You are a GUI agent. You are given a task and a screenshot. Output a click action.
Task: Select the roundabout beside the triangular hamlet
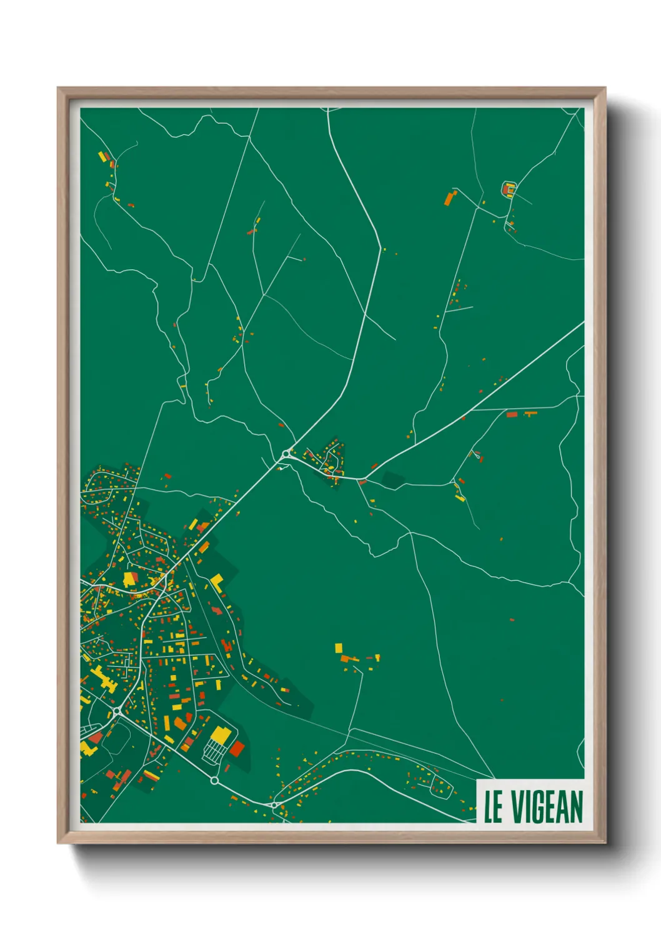286,453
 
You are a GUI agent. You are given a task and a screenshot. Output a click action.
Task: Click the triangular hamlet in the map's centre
329,461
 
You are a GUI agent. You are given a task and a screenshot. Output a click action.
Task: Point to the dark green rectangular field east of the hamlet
394,480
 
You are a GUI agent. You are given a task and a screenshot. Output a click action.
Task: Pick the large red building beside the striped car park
237,748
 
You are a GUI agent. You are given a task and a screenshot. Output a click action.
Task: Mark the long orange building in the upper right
449,199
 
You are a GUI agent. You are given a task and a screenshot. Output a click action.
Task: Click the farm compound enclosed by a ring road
509,189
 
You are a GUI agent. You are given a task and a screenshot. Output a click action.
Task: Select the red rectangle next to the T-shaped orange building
512,414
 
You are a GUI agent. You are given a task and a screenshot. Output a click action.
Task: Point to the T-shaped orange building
530,413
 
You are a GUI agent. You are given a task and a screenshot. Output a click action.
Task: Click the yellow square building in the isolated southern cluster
339,647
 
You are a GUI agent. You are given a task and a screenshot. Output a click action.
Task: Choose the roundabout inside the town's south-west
117,711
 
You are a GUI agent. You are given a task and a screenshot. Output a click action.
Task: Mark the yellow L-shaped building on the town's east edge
217,582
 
